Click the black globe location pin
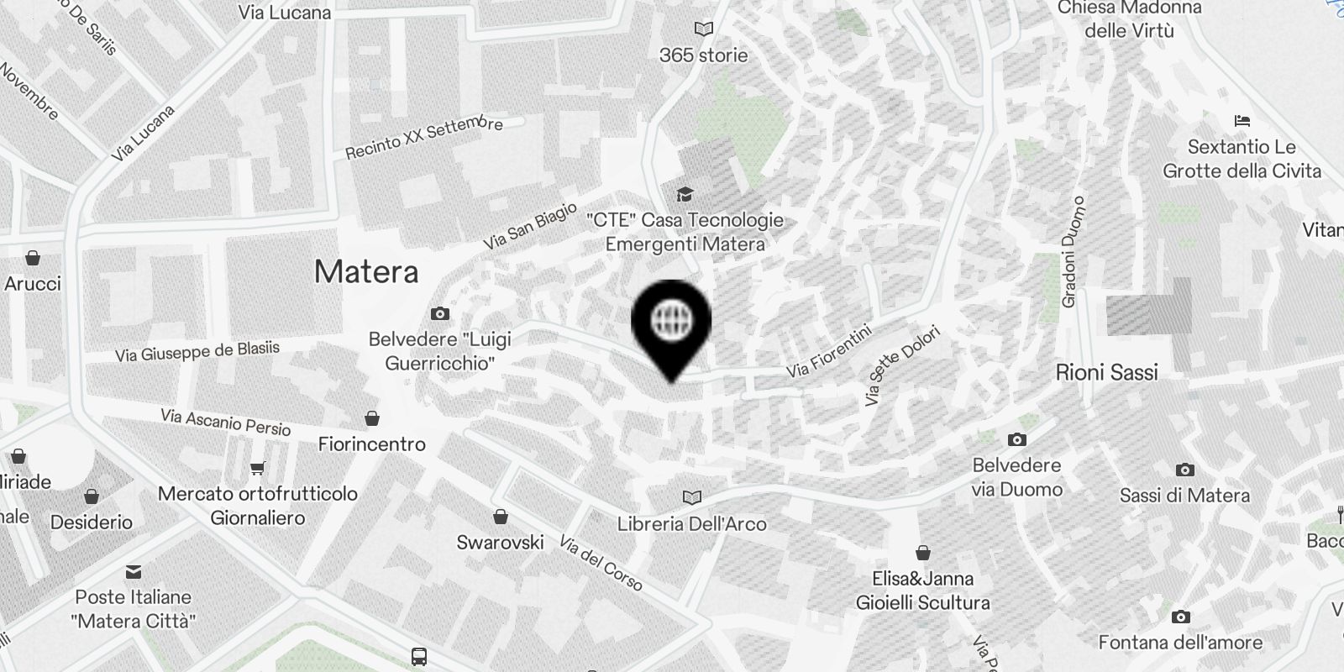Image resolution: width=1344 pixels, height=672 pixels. pyautogui.click(x=671, y=323)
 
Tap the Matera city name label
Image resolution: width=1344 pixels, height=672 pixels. pyautogui.click(x=366, y=271)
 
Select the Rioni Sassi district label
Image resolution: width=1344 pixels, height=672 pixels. pyautogui.click(x=1106, y=372)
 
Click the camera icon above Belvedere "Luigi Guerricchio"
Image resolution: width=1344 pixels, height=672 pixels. pyautogui.click(x=439, y=314)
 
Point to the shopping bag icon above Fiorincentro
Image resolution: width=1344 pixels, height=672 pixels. pyautogui.click(x=372, y=418)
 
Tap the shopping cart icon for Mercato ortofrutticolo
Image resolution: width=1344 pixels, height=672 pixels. pyautogui.click(x=258, y=469)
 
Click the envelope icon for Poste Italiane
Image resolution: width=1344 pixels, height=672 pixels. pyautogui.click(x=134, y=572)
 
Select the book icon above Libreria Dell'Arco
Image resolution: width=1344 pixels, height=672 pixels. pyautogui.click(x=691, y=498)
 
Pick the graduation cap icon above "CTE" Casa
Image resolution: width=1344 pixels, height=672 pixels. pyautogui.click(x=685, y=194)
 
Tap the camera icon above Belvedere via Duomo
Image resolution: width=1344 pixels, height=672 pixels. pyautogui.click(x=1016, y=439)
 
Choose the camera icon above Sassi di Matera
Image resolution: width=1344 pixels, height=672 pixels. pyautogui.click(x=1184, y=470)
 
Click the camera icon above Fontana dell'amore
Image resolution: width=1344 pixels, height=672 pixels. pyautogui.click(x=1180, y=617)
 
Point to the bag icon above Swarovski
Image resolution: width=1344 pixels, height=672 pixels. pyautogui.click(x=500, y=516)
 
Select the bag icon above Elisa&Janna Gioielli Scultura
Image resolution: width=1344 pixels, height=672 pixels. pyautogui.click(x=922, y=553)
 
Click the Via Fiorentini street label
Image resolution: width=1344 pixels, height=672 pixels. pyautogui.click(x=830, y=351)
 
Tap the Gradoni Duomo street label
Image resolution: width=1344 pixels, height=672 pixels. pyautogui.click(x=1073, y=252)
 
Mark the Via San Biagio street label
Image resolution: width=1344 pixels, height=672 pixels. pyautogui.click(x=530, y=225)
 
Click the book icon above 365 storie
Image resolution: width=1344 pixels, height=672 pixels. pyautogui.click(x=703, y=29)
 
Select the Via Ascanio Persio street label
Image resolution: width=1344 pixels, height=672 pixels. pyautogui.click(x=225, y=422)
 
